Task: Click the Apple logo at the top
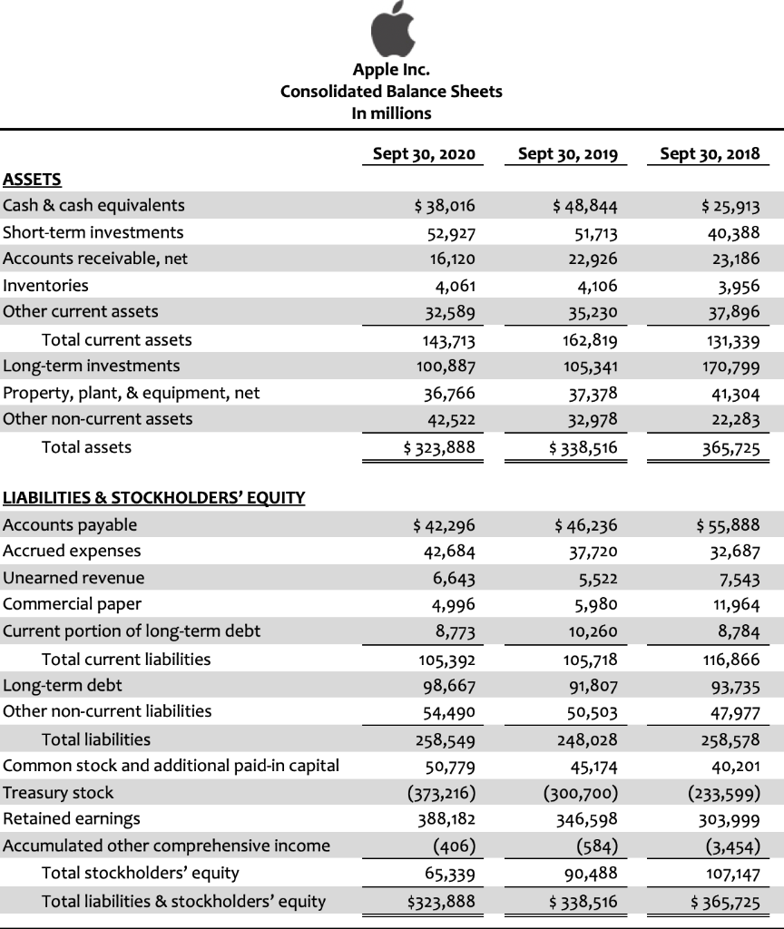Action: click(x=390, y=33)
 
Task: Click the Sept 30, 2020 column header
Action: click(x=424, y=153)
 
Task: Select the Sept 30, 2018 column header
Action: click(x=710, y=153)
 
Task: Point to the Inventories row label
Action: click(x=46, y=285)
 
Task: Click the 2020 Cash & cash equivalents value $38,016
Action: click(x=444, y=205)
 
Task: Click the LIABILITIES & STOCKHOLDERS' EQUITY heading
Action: click(x=154, y=497)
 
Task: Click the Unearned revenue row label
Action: click(x=73, y=578)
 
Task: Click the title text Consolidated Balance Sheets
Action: click(x=391, y=91)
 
